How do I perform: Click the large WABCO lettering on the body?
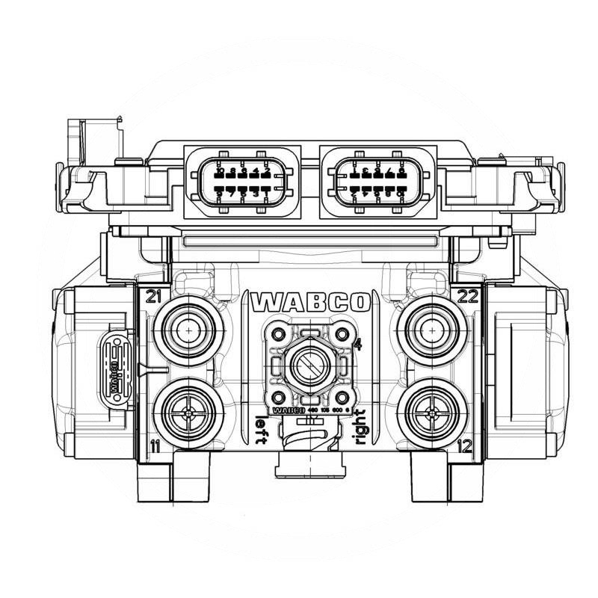pos(311,302)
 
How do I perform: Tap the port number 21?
pos(155,296)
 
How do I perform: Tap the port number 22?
pos(468,296)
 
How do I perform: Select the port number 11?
pos(155,446)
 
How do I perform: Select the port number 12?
pos(464,446)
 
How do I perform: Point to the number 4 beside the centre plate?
pos(358,345)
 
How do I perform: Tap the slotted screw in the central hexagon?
pos(309,366)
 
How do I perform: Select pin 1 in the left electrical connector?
pos(267,194)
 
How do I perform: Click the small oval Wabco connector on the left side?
pos(116,363)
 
